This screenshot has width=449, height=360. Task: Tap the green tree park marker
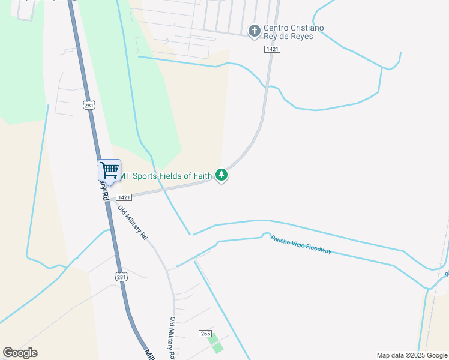(x=222, y=175)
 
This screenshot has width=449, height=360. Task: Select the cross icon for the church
(x=254, y=30)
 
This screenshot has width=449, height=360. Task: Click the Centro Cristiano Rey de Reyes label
(x=288, y=32)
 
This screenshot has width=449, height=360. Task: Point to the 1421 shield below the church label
(x=272, y=50)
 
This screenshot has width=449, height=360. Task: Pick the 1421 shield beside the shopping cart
(x=124, y=197)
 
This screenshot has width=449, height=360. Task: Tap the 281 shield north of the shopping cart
(x=89, y=106)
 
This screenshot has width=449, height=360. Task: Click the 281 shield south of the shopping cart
(x=121, y=277)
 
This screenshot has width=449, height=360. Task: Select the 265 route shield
(x=205, y=333)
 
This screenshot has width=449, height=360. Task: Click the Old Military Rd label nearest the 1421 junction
(x=133, y=223)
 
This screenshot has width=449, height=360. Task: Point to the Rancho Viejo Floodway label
(x=301, y=244)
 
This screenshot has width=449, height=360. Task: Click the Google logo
(x=20, y=353)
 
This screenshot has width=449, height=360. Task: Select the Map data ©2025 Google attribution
(x=412, y=355)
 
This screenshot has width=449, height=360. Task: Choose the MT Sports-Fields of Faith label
(x=167, y=176)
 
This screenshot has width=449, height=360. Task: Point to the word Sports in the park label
(x=146, y=176)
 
